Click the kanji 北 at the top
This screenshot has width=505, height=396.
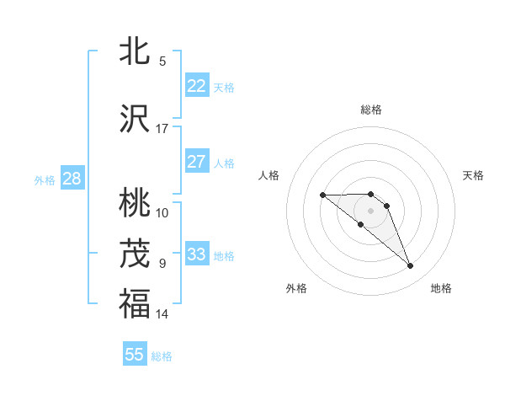(135, 51)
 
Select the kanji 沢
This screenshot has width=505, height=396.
(135, 120)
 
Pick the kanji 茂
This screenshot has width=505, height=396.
(135, 254)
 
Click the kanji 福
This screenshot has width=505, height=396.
(135, 304)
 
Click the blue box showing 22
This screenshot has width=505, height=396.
(196, 85)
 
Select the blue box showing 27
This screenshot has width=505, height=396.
(196, 162)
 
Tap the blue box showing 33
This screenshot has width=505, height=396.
(196, 254)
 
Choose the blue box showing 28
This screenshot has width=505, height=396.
(72, 179)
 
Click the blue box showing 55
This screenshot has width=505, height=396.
(135, 355)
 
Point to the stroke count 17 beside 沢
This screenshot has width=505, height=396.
(162, 129)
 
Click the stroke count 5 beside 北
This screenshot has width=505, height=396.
(162, 61)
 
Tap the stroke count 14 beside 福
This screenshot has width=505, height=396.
(162, 314)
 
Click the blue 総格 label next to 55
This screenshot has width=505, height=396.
(162, 356)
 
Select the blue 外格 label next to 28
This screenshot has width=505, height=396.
(45, 179)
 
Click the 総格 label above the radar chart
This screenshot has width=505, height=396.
(371, 110)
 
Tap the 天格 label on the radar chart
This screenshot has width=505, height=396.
(473, 175)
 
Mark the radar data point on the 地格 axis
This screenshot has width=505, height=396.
(411, 266)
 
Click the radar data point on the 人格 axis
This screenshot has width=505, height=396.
(322, 195)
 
